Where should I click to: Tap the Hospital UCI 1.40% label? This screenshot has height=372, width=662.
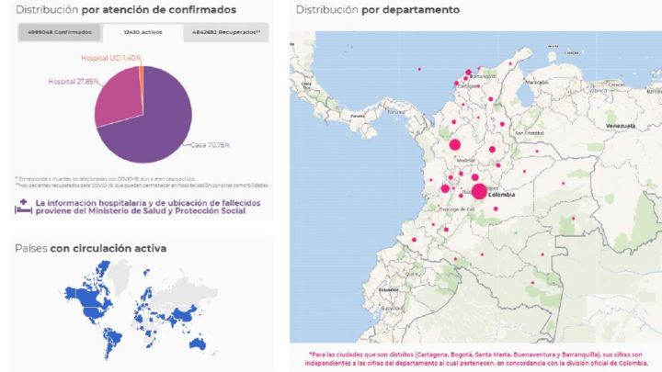(109, 58)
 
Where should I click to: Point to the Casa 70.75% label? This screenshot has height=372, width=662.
(211, 145)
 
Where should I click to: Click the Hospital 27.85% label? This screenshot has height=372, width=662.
(73, 82)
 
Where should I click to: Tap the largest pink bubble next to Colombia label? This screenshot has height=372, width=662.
(479, 191)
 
